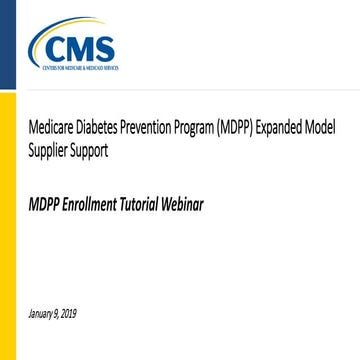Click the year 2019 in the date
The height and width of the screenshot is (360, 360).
(x=68, y=313)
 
